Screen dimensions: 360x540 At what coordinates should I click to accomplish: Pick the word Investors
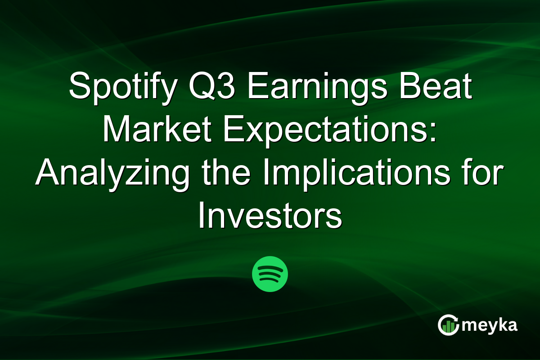270,217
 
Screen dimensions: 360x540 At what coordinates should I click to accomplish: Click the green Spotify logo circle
270,274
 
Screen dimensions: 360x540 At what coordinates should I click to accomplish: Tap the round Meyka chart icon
448,325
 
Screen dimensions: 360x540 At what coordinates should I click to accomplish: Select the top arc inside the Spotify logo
270,268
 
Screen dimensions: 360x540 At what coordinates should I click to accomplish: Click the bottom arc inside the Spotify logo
270,280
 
